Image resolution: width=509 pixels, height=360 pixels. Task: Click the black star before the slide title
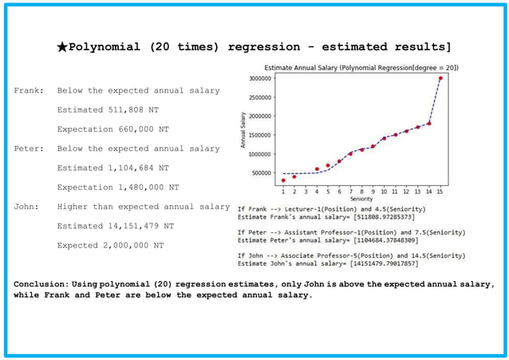pyautogui.click(x=62, y=47)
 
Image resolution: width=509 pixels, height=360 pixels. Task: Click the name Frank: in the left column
pyautogui.click(x=29, y=90)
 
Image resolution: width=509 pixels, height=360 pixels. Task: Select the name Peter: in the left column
pyautogui.click(x=29, y=148)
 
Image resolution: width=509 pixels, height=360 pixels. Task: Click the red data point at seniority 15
pyautogui.click(x=440, y=78)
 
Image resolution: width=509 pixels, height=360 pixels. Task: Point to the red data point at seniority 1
pyautogui.click(x=283, y=180)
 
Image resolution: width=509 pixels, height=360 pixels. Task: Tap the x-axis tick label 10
pyautogui.click(x=384, y=192)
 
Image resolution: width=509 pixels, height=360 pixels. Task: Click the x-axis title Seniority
pyautogui.click(x=361, y=199)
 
